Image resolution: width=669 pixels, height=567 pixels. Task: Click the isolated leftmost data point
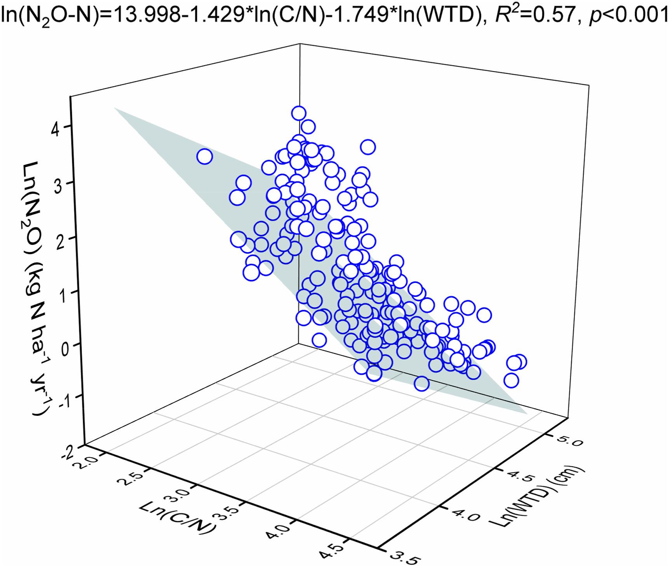pyautogui.click(x=204, y=157)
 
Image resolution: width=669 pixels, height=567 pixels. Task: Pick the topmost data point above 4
pyautogui.click(x=298, y=113)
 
